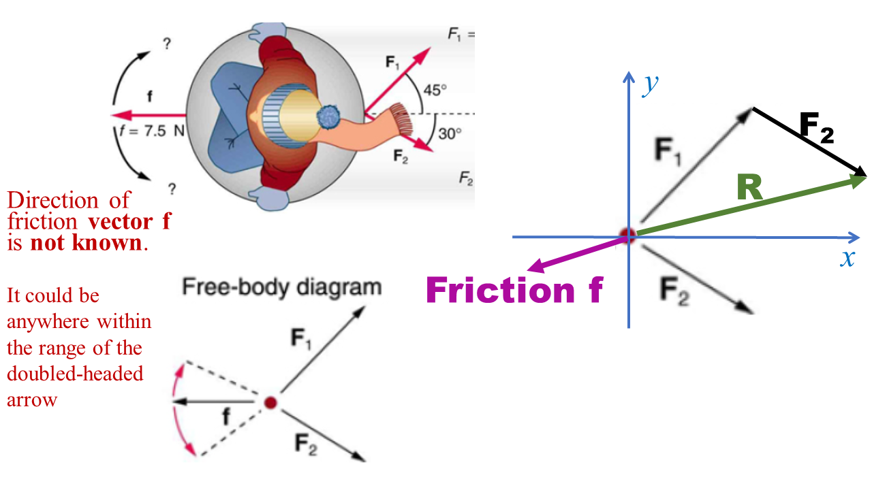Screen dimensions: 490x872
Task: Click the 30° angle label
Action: click(449, 133)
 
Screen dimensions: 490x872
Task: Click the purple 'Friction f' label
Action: click(514, 290)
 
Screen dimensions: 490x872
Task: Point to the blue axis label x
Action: click(847, 258)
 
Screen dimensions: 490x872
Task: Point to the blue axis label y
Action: click(651, 84)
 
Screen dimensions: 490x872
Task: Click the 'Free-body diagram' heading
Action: click(281, 287)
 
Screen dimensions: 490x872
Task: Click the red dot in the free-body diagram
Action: click(270, 402)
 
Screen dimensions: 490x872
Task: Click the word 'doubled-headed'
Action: click(75, 374)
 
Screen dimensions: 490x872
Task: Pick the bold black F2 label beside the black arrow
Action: click(815, 127)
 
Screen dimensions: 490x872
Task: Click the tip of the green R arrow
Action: click(865, 178)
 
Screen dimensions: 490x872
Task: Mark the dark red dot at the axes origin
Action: click(627, 236)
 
